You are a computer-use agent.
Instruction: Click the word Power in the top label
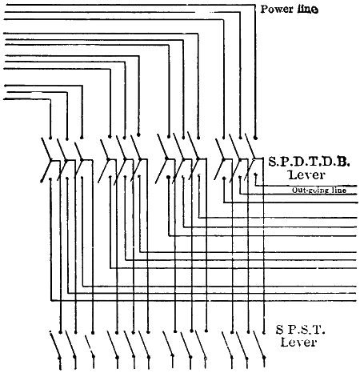pos(277,9)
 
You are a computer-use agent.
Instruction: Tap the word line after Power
pos(308,9)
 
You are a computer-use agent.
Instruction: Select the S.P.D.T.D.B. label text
pos(309,162)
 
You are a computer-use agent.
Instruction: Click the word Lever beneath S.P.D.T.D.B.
pos(306,175)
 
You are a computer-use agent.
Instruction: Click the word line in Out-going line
pos(338,190)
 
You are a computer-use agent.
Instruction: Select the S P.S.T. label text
pos(301,330)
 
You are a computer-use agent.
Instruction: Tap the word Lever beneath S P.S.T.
pos(298,342)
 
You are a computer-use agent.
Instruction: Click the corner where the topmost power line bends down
pos(255,5)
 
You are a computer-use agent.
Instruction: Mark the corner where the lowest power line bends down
pos(50,99)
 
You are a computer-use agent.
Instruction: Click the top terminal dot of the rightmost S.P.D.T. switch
pos(255,138)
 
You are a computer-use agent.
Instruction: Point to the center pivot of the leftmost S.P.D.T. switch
pos(51,160)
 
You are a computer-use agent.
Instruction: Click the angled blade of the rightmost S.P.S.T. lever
pos(258,344)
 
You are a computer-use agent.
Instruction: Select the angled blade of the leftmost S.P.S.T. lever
pos(54,344)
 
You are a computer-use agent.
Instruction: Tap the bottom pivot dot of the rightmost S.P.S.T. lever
pos(264,357)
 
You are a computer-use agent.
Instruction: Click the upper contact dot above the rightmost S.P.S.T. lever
pos(264,333)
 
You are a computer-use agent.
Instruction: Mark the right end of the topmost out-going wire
pos(357,186)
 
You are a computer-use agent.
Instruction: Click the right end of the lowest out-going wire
pos(356,301)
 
